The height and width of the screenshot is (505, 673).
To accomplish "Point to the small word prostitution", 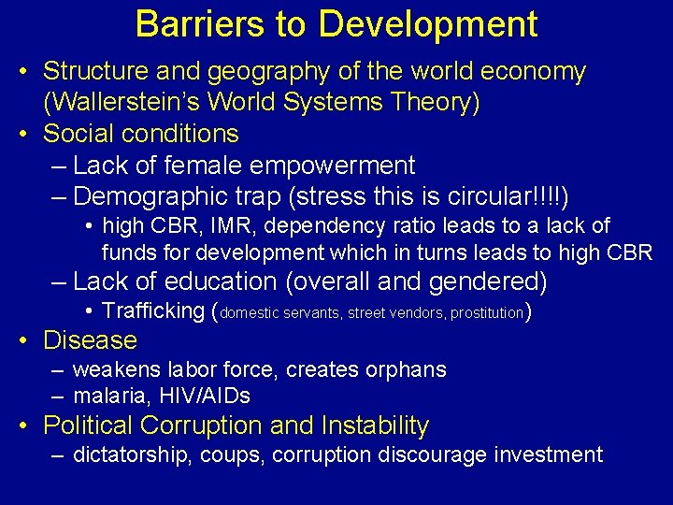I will pyautogui.click(x=488, y=313).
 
